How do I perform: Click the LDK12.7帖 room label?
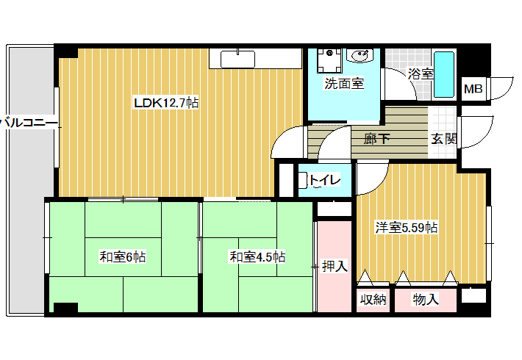tap(166, 103)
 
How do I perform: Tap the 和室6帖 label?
tap(123, 257)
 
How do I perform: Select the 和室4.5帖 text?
tap(257, 257)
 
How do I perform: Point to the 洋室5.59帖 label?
tap(407, 228)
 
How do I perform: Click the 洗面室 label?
tap(344, 83)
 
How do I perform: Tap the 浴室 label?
tap(421, 74)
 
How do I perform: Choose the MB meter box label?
tap(473, 89)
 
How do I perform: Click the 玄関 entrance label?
tap(444, 139)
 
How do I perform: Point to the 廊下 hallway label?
tap(376, 138)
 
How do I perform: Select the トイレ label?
tap(325, 180)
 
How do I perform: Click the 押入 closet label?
tap(335, 266)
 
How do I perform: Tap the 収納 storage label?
tap(373, 300)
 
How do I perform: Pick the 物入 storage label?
tap(426, 300)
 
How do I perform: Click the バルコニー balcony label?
tap(28, 123)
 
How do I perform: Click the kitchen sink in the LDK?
tap(237, 60)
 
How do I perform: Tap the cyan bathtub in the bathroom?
tap(444, 74)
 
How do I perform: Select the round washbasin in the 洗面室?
tap(360, 56)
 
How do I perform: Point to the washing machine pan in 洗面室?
tap(329, 60)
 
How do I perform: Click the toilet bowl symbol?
tap(304, 181)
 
